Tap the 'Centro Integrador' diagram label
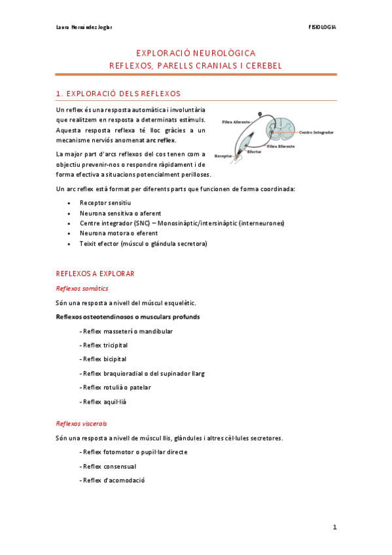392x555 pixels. (x=316, y=132)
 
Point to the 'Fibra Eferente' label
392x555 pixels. (x=281, y=147)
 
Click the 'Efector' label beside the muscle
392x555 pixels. (x=255, y=151)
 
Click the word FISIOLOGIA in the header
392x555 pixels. (x=322, y=27)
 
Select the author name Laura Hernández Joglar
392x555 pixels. (x=84, y=27)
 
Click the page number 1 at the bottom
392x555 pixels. (x=334, y=527)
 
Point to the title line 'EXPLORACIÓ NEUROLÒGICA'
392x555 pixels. (x=196, y=52)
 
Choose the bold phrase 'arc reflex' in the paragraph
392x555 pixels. (x=161, y=140)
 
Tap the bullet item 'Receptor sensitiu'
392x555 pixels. (x=105, y=204)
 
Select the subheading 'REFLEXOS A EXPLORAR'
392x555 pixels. (x=96, y=273)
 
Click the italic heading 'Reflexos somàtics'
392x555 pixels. (x=82, y=289)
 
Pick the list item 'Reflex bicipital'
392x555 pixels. (x=103, y=359)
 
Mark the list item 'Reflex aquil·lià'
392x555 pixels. (x=103, y=401)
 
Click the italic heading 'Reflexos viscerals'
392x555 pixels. (x=82, y=423)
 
